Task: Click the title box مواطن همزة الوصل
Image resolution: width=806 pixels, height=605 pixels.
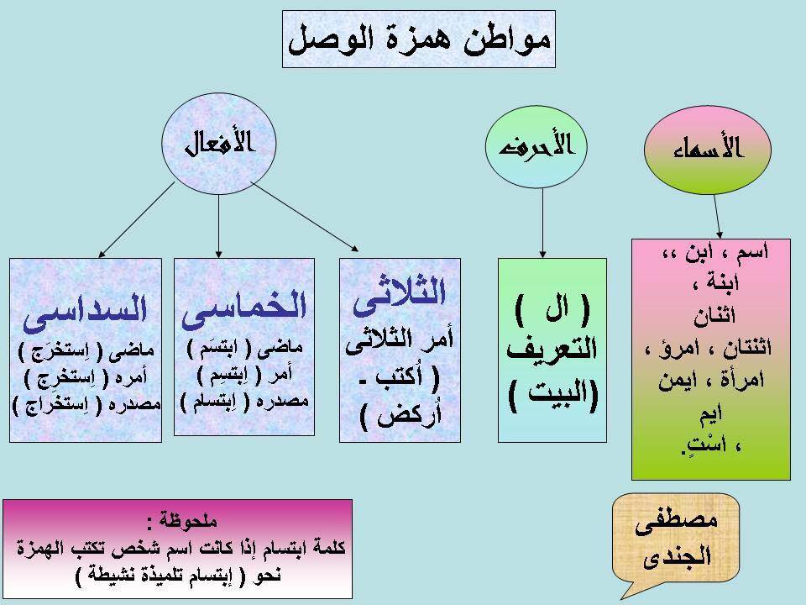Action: point(419,39)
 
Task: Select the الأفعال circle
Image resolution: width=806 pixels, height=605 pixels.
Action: point(219,144)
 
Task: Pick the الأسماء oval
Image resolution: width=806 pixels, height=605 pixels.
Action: point(707,150)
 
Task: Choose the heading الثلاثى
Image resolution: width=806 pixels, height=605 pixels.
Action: point(399,296)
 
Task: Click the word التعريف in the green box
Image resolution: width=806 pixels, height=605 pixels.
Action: point(552,350)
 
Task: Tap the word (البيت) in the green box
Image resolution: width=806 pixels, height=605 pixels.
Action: point(553,395)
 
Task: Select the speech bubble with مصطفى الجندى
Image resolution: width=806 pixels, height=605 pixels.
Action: point(676,538)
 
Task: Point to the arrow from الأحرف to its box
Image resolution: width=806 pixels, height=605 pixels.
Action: point(543,223)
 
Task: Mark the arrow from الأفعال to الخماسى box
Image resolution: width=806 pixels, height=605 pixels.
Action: point(219,226)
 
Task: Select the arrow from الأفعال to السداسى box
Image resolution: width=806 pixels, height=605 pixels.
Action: point(136,219)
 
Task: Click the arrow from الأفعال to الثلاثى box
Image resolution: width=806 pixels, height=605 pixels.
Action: point(304,217)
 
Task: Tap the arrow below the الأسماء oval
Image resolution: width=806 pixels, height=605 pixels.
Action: point(717,216)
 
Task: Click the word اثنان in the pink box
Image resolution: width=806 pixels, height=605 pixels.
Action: point(714,316)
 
